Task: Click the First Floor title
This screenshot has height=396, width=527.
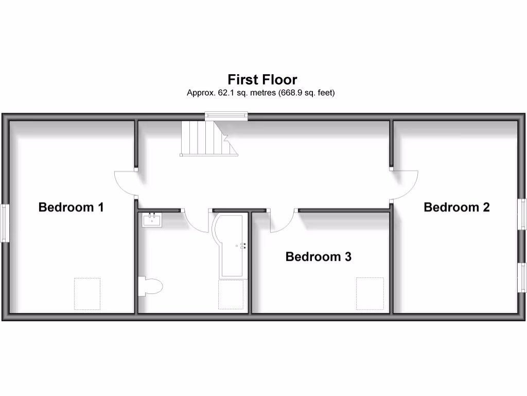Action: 262,80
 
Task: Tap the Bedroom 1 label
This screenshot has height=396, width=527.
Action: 71,207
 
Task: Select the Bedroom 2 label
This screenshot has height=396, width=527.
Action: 456,207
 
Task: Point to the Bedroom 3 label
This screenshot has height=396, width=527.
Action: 318,256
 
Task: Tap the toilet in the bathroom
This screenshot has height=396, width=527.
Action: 150,286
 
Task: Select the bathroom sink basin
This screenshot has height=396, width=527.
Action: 152,220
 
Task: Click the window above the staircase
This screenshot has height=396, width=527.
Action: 226,116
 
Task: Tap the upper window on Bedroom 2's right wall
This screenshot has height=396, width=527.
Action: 522,213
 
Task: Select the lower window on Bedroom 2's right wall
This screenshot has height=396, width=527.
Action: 522,277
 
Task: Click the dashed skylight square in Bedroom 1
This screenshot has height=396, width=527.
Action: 87,293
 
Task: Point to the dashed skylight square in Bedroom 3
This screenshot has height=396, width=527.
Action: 370,293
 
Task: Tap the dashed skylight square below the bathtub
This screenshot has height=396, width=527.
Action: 231,294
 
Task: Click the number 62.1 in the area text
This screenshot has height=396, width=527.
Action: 216,93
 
